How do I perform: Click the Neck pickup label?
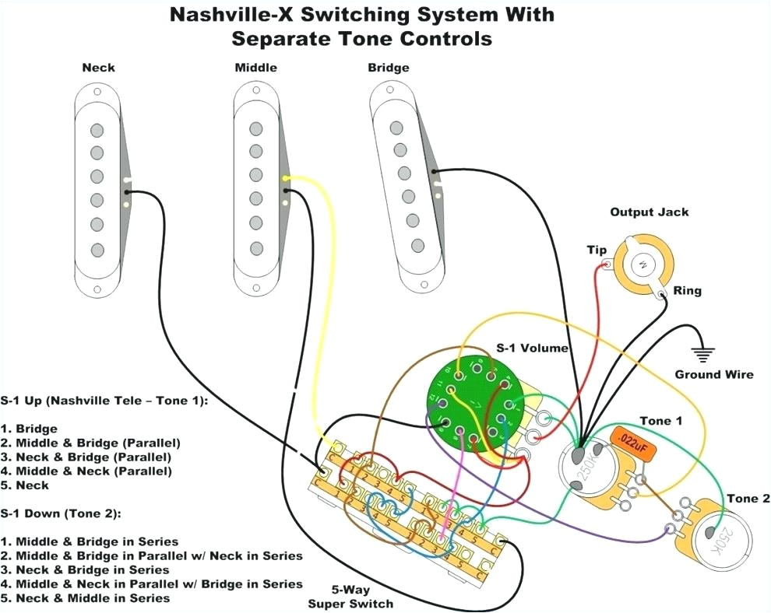pyautogui.click(x=99, y=68)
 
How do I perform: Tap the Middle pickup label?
pyautogui.click(x=255, y=68)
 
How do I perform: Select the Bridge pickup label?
pyautogui.click(x=389, y=68)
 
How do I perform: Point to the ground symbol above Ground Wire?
pyautogui.click(x=704, y=353)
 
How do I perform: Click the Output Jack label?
pyautogui.click(x=649, y=212)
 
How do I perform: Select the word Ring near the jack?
pyautogui.click(x=687, y=291)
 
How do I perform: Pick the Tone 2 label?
pyautogui.click(x=747, y=499)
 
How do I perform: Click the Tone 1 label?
pyautogui.click(x=660, y=421)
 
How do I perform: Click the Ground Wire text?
pyautogui.click(x=713, y=375)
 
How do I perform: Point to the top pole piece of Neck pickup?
pyautogui.click(x=97, y=129)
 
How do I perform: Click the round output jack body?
pyautogui.click(x=641, y=265)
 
